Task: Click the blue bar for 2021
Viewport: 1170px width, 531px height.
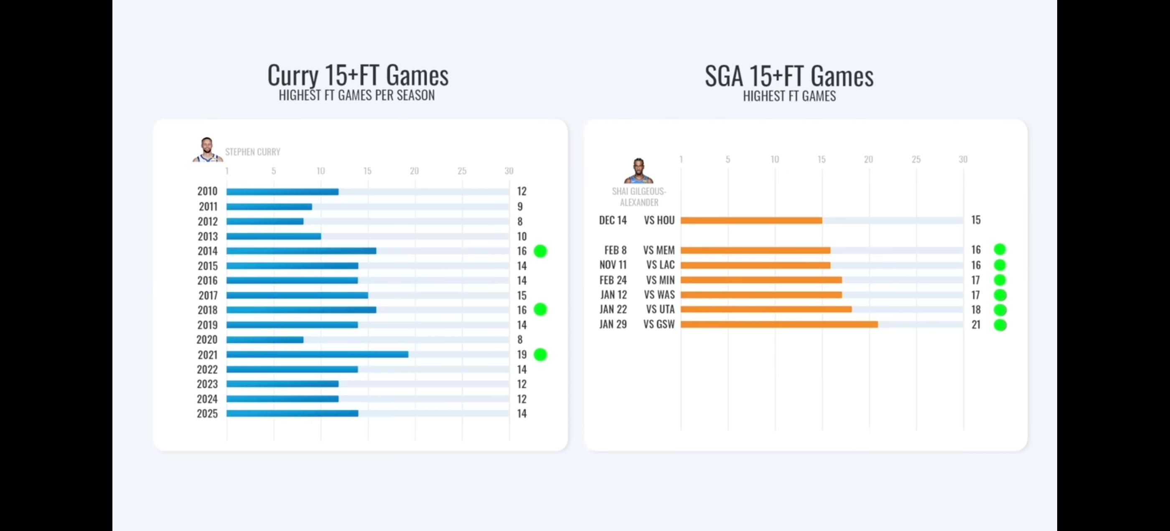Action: (317, 354)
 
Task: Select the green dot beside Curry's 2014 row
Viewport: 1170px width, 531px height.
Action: (540, 251)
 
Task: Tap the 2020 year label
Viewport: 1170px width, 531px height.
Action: (207, 339)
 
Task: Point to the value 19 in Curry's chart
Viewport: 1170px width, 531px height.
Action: (521, 354)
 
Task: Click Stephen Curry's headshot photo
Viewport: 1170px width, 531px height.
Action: (207, 150)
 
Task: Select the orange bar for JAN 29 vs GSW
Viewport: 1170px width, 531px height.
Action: (779, 324)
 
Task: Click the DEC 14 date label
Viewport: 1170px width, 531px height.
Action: (613, 220)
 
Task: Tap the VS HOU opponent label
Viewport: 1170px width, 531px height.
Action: (659, 220)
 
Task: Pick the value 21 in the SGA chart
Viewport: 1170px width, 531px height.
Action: (976, 324)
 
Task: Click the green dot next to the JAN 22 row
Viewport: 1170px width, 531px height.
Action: (1000, 310)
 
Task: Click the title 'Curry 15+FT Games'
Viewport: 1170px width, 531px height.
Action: (358, 75)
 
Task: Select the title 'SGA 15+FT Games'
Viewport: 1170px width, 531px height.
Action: (789, 76)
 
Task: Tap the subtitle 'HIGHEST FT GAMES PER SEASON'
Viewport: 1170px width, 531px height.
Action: (356, 95)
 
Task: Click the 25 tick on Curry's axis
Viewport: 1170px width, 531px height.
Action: (462, 171)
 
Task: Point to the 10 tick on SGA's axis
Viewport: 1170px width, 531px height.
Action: (775, 159)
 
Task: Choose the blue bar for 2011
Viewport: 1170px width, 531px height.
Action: (269, 207)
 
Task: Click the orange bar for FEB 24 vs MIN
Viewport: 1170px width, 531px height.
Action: (761, 281)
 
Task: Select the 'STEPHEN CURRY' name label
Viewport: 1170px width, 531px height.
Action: (252, 152)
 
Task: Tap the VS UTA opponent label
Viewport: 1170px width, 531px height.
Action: (660, 309)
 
